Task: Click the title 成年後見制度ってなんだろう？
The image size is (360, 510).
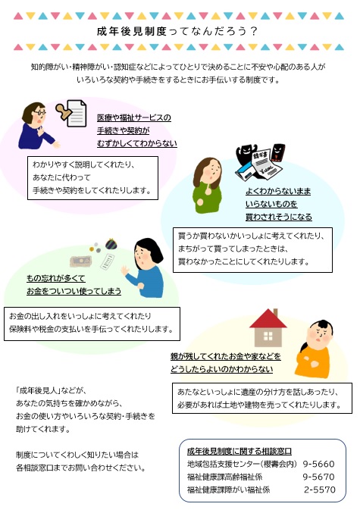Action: [x=177, y=31]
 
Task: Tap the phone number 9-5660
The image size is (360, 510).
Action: [x=318, y=464]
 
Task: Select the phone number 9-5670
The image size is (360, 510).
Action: [x=318, y=477]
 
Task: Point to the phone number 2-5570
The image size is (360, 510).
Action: [x=320, y=490]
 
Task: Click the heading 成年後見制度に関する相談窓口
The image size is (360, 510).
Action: [x=239, y=451]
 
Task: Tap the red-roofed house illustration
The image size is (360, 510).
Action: [x=268, y=327]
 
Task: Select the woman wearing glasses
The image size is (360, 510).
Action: [x=37, y=126]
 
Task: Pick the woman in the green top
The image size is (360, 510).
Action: [x=208, y=186]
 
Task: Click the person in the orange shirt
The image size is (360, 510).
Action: [x=314, y=349]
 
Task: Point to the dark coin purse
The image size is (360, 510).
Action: [x=111, y=243]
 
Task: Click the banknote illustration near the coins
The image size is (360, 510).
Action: [x=80, y=261]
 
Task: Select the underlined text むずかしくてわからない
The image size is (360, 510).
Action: [x=137, y=143]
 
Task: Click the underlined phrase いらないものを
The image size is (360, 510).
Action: [x=271, y=204]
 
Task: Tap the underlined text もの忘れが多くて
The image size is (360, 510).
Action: [x=56, y=278]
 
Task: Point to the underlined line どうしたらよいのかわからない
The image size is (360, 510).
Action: [x=221, y=369]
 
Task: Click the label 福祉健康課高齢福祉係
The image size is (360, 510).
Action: [x=224, y=477]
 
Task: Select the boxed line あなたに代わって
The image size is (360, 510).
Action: [x=61, y=177]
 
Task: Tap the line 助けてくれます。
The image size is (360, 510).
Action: [x=43, y=430]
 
